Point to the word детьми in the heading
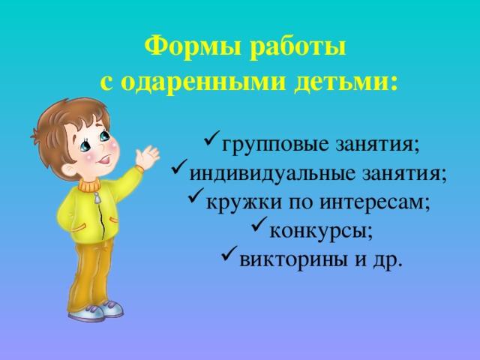[x=346, y=82]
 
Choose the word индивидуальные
[x=272, y=174]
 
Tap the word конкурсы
[x=318, y=232]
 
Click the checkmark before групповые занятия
[x=211, y=139]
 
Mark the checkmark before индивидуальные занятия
[x=180, y=166]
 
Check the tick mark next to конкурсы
[x=259, y=224]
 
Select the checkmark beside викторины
[x=229, y=253]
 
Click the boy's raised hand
[x=147, y=157]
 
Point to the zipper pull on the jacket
[x=97, y=198]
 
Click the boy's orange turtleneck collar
[x=88, y=184]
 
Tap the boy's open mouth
[x=105, y=160]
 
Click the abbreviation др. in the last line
[x=387, y=261]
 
